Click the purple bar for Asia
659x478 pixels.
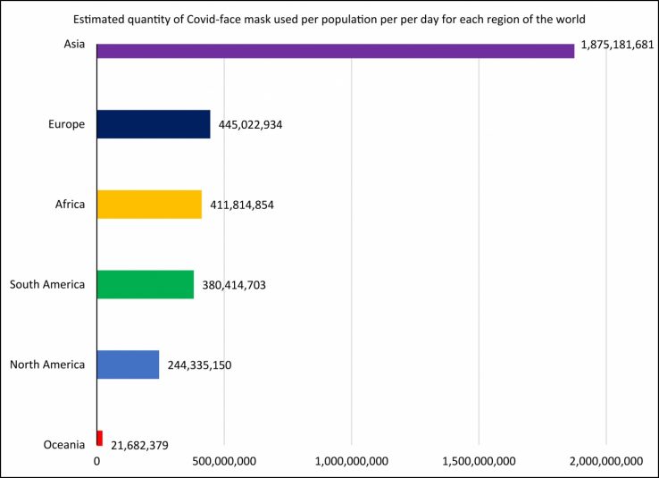(335, 51)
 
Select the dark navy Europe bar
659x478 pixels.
(153, 124)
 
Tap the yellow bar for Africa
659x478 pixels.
(148, 204)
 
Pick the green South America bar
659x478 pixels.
(145, 284)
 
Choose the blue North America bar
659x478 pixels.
(128, 364)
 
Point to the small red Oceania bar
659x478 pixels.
(100, 438)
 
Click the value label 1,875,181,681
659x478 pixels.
(617, 44)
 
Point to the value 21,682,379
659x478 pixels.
(140, 444)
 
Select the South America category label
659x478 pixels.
(47, 285)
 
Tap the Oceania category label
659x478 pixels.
(63, 444)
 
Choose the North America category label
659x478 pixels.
(47, 365)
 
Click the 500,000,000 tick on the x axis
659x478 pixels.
(224, 462)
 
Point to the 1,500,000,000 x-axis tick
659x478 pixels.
(480, 462)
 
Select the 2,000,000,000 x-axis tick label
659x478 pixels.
(607, 462)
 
